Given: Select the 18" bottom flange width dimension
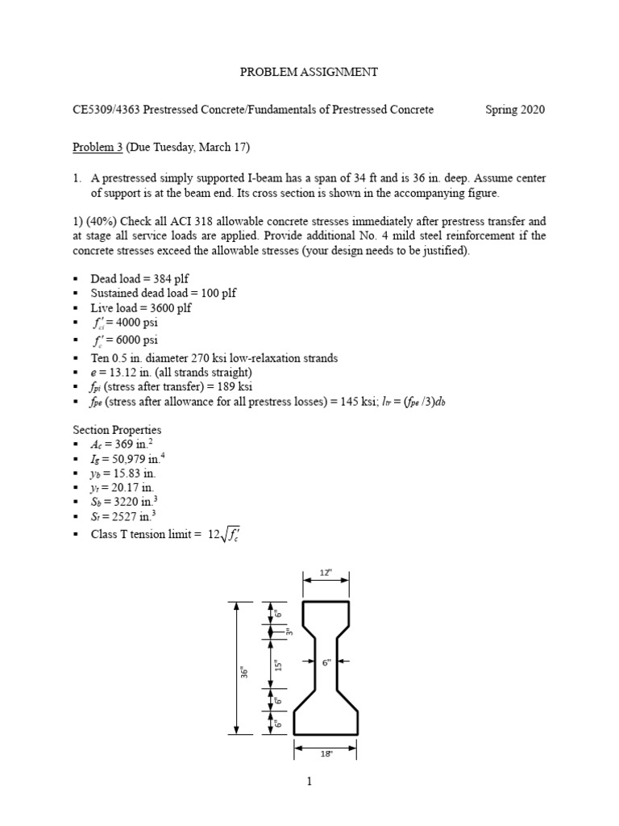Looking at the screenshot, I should [x=326, y=756].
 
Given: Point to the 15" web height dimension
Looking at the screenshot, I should [x=277, y=663].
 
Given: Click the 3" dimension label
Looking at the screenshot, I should [x=288, y=632].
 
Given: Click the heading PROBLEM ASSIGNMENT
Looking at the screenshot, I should [x=309, y=72].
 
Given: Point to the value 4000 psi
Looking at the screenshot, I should [x=138, y=323].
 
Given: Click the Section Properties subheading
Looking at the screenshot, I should [x=117, y=429].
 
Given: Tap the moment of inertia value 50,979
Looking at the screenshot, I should [x=142, y=460].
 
